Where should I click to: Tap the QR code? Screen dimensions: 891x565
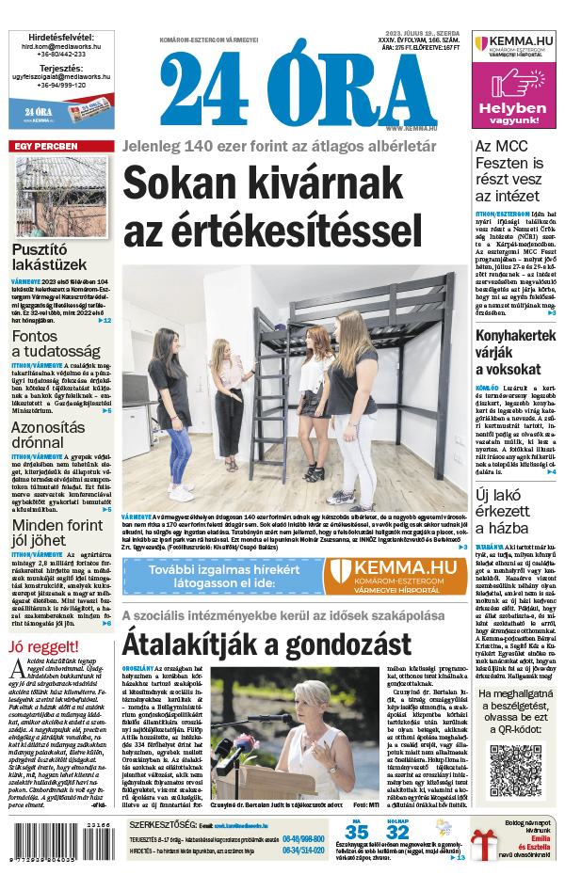pyautogui.click(x=516, y=772)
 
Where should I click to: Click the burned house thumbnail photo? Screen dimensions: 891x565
pyautogui.click(x=59, y=196)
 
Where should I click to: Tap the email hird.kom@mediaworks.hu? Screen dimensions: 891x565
pyautogui.click(x=60, y=45)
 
